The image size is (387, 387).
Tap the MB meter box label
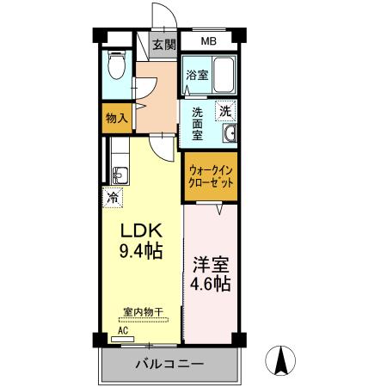point(209,41)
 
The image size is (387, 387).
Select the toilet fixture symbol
point(117,64)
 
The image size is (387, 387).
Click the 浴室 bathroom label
point(196,75)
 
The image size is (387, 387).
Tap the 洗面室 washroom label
point(197,122)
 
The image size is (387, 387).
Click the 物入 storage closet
point(116,119)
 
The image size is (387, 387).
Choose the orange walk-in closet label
point(212,177)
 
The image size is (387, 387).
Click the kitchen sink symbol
point(119,175)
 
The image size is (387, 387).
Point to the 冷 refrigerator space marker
point(112,197)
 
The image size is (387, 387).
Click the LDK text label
point(139,232)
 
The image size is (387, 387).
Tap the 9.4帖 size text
point(139,253)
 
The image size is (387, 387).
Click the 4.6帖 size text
point(211,285)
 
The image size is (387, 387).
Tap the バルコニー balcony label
point(169,365)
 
